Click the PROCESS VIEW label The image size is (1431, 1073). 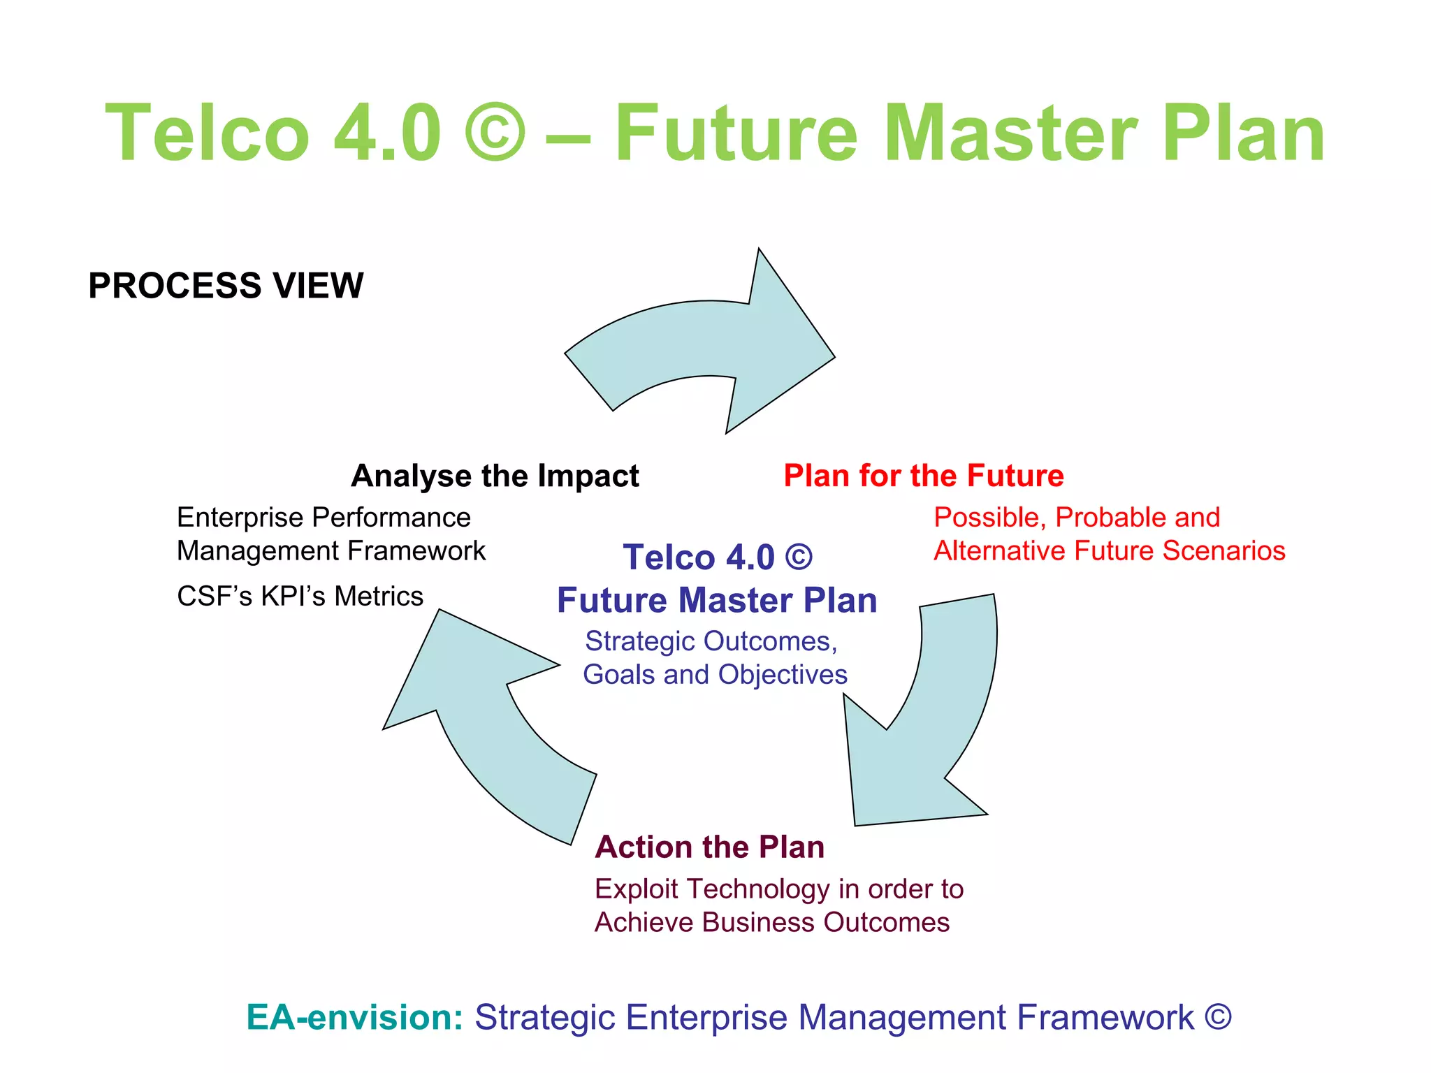coord(226,286)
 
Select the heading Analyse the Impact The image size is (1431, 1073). coord(495,476)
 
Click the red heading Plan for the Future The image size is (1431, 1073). coord(923,476)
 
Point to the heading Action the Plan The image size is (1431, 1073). coord(709,847)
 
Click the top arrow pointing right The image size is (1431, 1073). coord(706,342)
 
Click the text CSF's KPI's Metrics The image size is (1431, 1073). coord(300,597)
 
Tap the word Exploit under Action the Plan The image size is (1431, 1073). coord(636,889)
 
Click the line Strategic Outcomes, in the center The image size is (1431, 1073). coord(711,641)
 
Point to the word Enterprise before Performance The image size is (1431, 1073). coord(240,518)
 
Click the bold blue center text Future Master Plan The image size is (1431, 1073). coord(717,601)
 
